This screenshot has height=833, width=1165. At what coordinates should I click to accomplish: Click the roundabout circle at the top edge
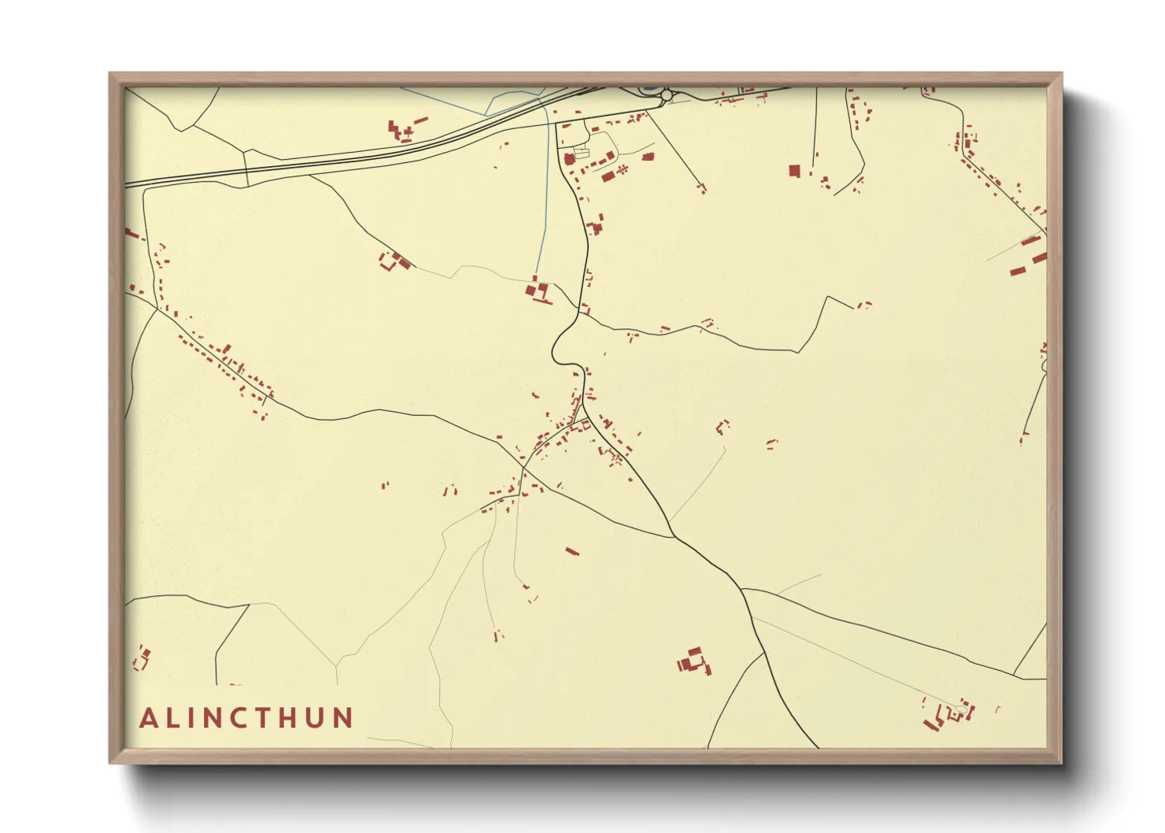[667, 95]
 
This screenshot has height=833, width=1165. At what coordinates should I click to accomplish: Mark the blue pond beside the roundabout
[650, 89]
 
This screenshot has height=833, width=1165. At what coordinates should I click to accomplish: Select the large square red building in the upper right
[794, 170]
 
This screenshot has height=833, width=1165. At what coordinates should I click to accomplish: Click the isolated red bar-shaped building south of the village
[572, 551]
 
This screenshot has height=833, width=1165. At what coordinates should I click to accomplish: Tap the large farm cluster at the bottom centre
[693, 661]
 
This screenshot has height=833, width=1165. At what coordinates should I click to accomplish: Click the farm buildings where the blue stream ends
[538, 291]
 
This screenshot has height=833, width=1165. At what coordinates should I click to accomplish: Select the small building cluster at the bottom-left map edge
[142, 657]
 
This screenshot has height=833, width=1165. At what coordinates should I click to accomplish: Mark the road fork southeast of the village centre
[674, 537]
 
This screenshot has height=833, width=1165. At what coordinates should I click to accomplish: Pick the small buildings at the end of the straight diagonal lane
[701, 187]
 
